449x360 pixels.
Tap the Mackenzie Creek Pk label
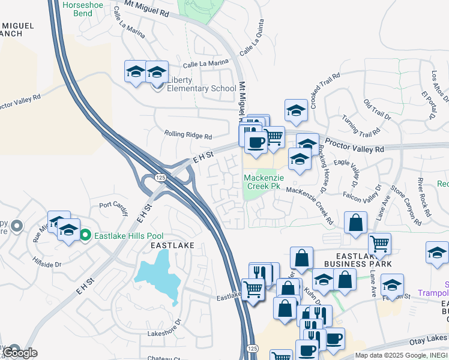(x=262, y=181)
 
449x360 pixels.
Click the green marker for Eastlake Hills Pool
(x=85, y=235)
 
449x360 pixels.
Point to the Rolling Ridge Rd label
(x=188, y=136)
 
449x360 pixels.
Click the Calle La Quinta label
(x=252, y=44)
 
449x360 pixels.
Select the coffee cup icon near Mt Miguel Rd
(x=256, y=142)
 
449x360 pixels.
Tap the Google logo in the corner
(x=19, y=353)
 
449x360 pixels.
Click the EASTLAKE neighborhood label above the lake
(x=172, y=245)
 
